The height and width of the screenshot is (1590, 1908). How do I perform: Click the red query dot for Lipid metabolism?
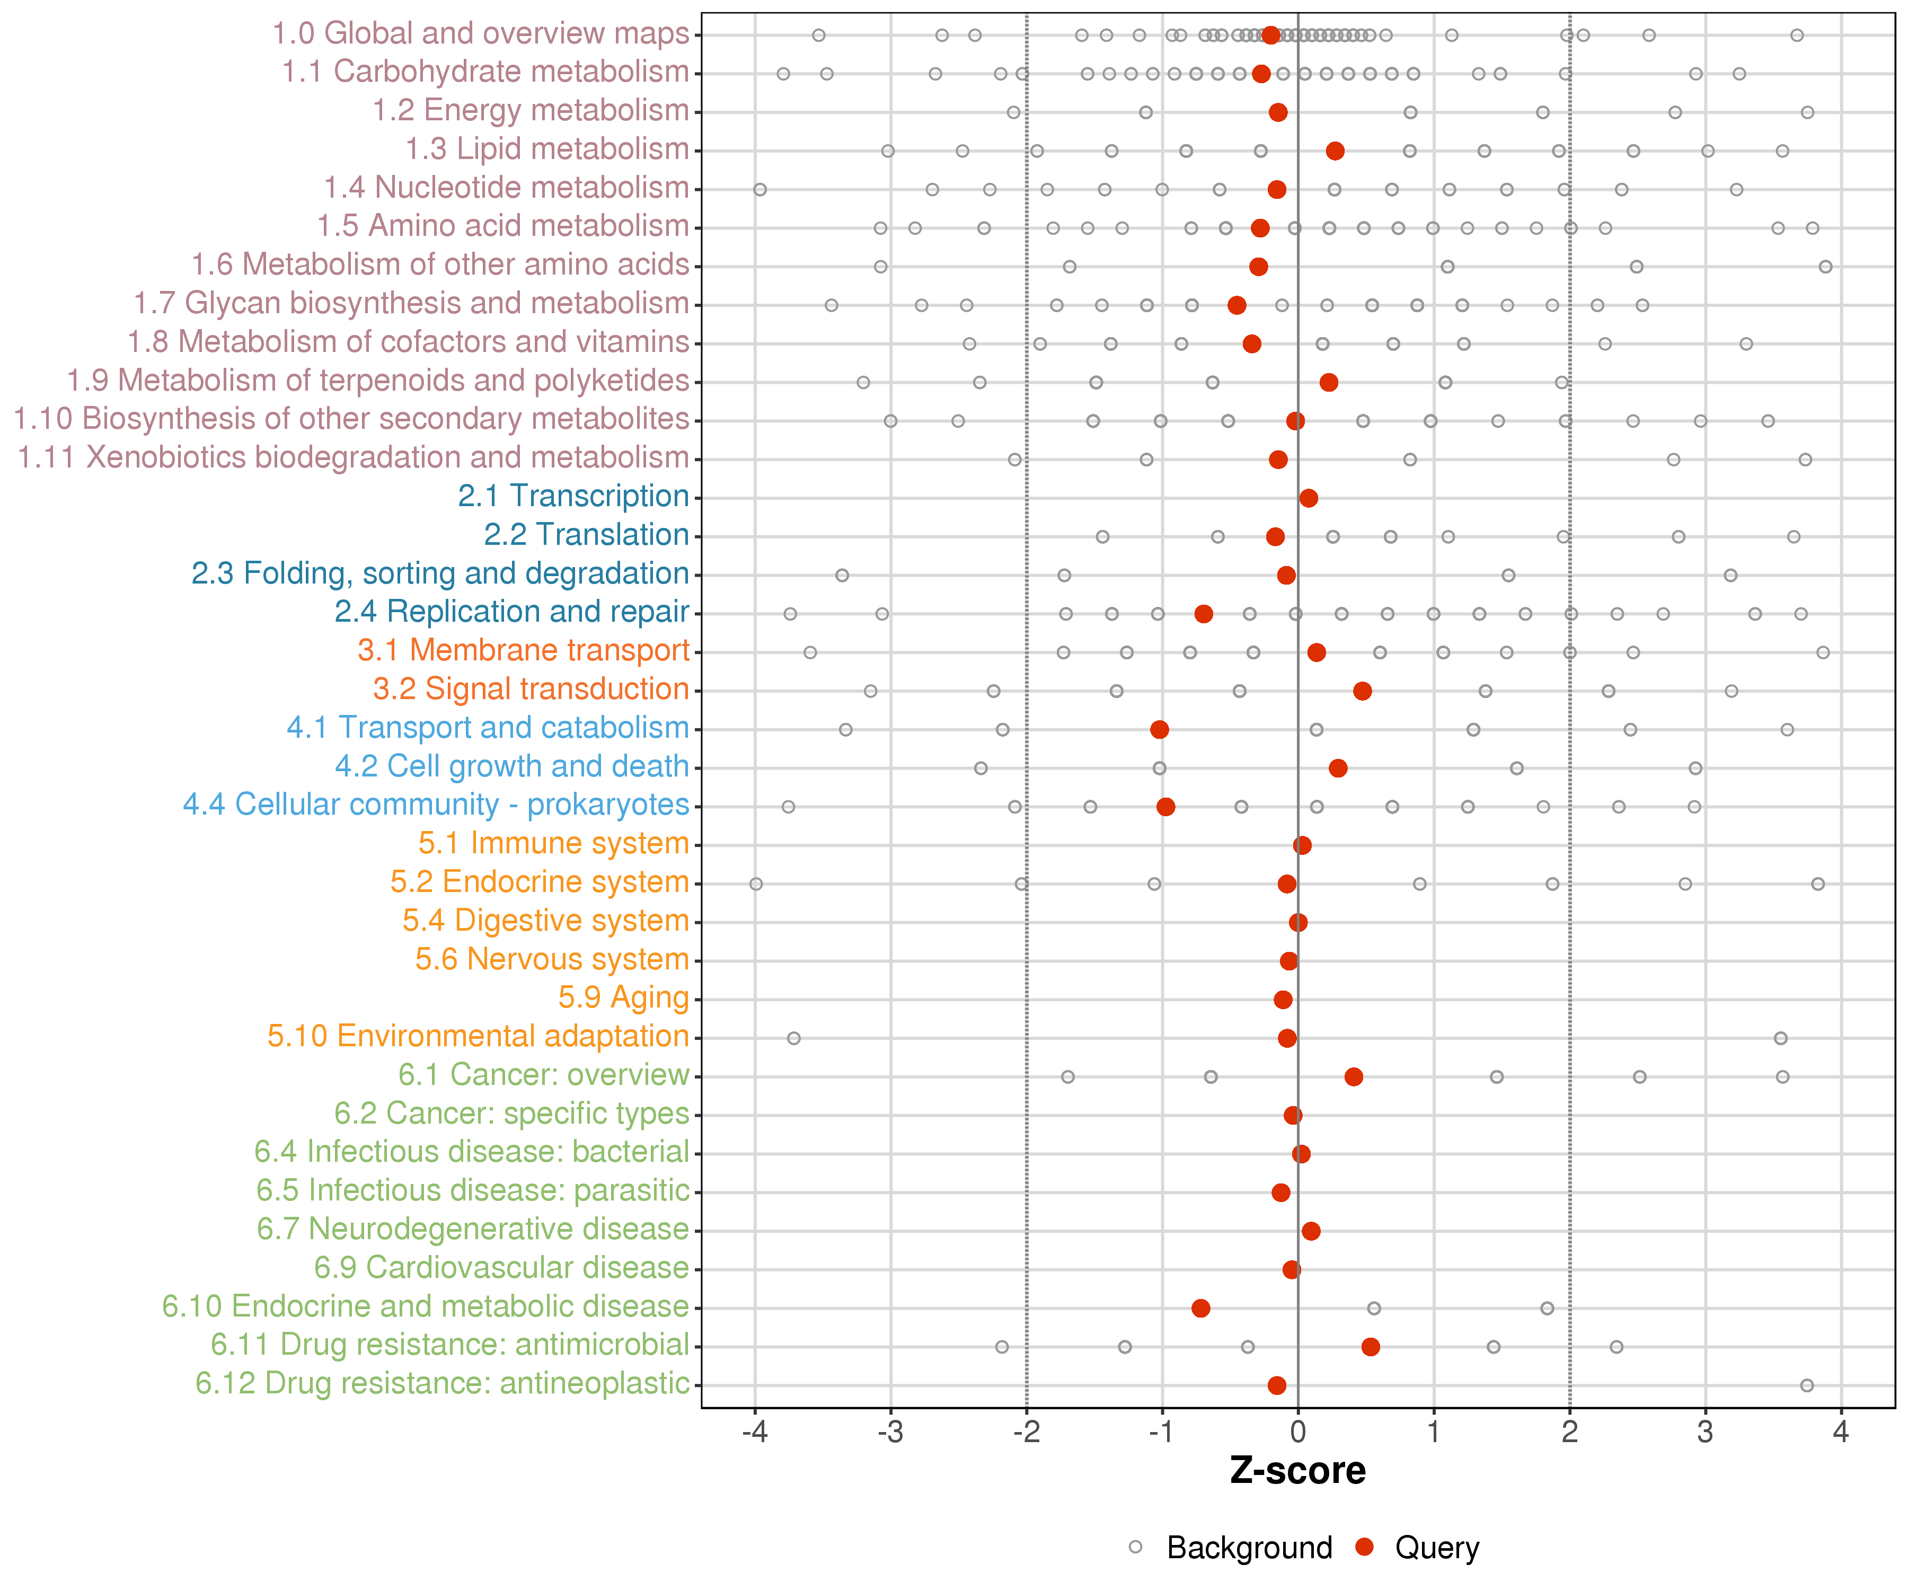point(1335,151)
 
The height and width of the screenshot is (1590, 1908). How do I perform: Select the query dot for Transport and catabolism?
point(1159,730)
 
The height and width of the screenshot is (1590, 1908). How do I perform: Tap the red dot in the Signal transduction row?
point(1362,692)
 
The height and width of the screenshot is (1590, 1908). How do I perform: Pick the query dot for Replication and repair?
point(1204,614)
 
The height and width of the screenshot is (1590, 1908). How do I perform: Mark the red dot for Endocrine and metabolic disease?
point(1200,1309)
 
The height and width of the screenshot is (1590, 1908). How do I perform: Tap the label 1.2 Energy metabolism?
point(531,111)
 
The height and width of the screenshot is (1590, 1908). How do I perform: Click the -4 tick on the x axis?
point(754,1432)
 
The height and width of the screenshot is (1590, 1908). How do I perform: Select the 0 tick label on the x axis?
point(1297,1432)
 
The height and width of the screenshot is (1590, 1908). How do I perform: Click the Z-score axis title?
point(1297,1471)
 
